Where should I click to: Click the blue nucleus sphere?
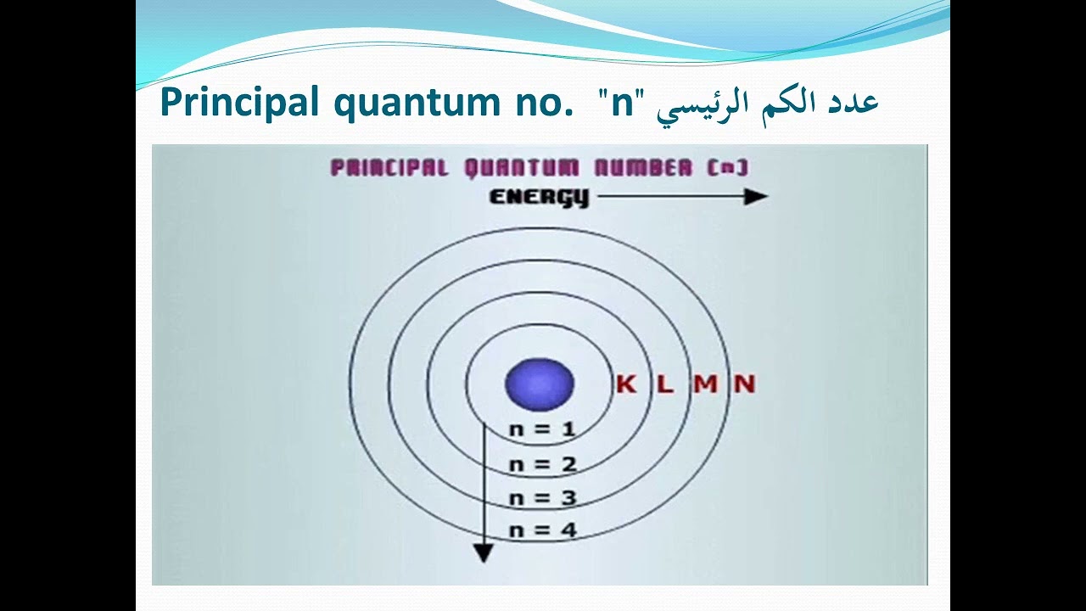pos(540,384)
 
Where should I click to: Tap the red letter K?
pos(625,384)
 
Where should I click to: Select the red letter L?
pos(664,384)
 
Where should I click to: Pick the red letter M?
pos(705,384)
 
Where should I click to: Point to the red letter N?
pos(744,384)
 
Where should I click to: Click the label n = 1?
pos(542,429)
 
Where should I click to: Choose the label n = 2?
pos(542,464)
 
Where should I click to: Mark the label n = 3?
pos(542,498)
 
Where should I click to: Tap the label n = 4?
pos(542,531)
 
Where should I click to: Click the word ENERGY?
pos(539,198)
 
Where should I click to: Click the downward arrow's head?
pos(483,553)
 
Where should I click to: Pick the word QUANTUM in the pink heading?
pos(521,168)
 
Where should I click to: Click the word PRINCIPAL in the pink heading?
pos(389,168)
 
